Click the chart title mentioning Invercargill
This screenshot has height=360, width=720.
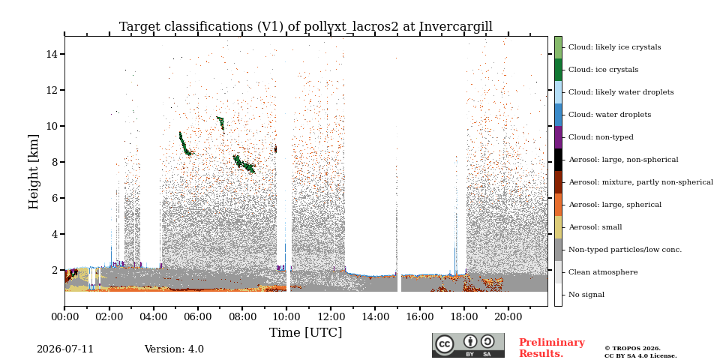coord(306,27)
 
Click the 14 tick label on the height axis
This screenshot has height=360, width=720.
coord(52,54)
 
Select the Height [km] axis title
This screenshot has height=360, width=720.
coord(34,172)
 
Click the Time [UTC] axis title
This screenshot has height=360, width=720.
coord(306,332)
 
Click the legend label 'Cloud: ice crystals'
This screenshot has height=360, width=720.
coord(603,70)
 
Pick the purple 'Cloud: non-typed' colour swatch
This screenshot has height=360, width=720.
coord(558,137)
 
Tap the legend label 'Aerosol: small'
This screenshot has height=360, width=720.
coord(595,227)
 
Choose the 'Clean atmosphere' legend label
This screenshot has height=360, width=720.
coord(603,272)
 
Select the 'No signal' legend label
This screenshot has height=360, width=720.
coord(586,295)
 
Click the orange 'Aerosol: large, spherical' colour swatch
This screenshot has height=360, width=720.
coord(558,205)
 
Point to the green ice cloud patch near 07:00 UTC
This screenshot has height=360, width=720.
coord(220,122)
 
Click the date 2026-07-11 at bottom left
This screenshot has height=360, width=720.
coord(65,349)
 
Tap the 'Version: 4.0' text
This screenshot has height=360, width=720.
coord(174,349)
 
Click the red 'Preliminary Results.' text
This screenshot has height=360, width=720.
coord(552,348)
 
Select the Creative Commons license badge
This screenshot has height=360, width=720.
coord(468,345)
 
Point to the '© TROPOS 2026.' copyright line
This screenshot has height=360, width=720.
coord(633,349)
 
